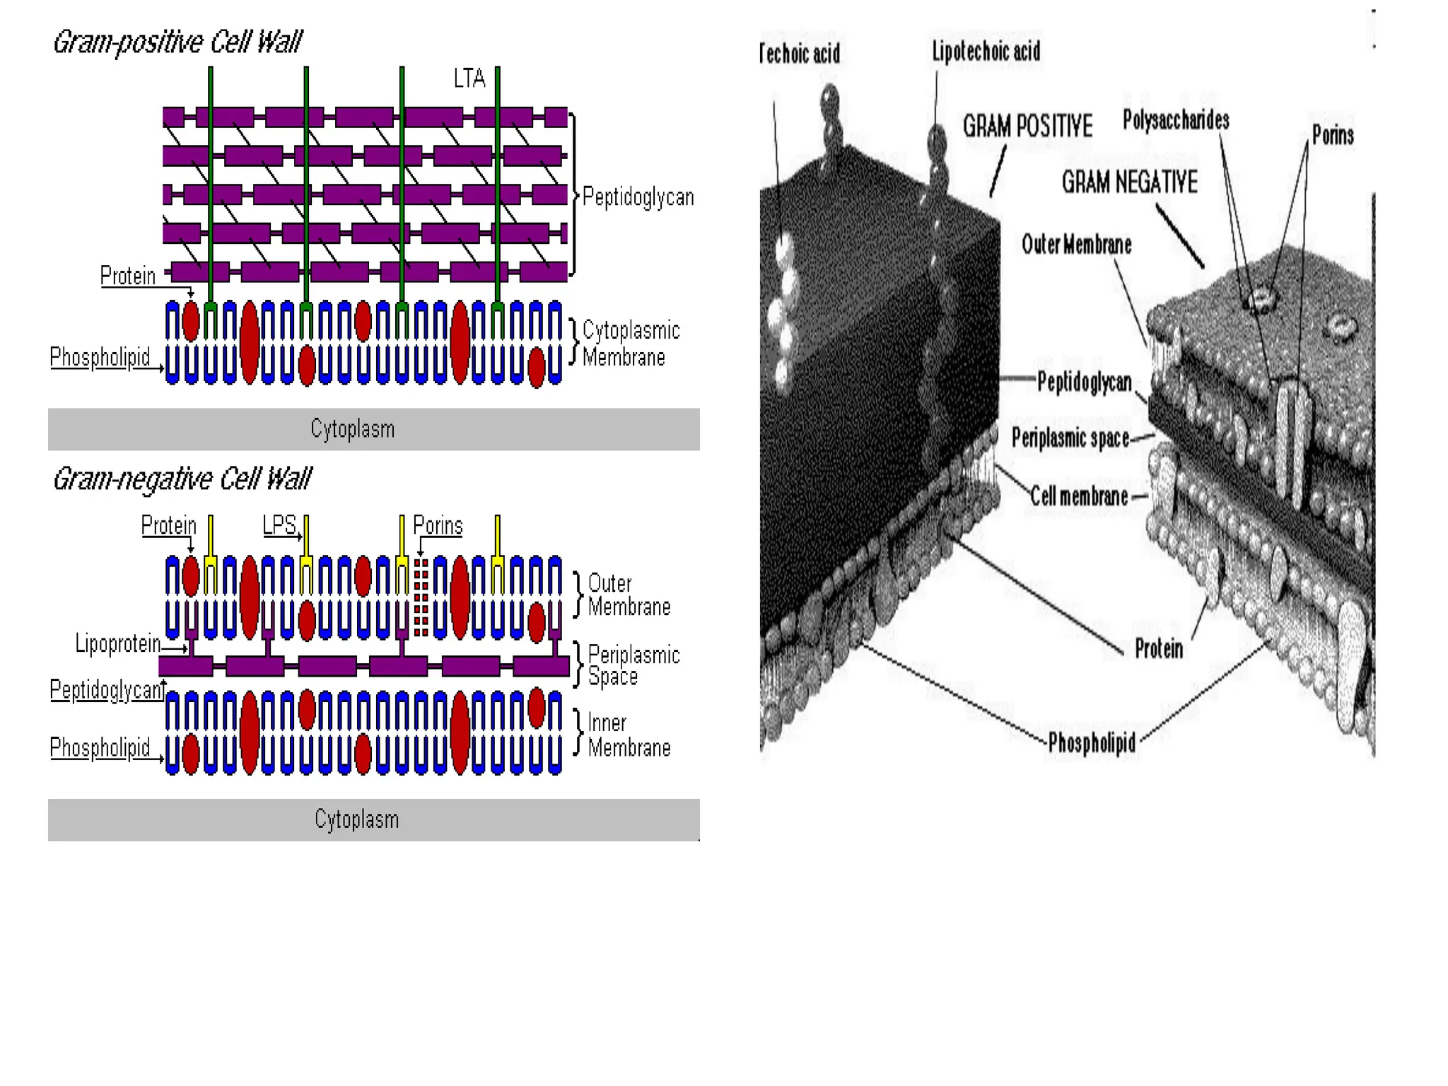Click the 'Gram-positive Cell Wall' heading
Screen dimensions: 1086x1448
click(x=177, y=42)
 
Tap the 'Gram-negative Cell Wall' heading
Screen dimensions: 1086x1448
click(x=182, y=479)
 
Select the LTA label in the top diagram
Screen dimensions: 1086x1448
click(x=469, y=78)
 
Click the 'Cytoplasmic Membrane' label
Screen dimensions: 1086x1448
click(x=630, y=344)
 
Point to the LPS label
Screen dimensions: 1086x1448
click(x=279, y=525)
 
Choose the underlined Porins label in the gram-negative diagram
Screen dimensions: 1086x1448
click(x=438, y=525)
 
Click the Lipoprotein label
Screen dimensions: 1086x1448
click(x=118, y=643)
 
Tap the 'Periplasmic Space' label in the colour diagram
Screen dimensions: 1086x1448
click(x=633, y=665)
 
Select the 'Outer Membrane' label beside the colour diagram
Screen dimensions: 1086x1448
click(x=629, y=595)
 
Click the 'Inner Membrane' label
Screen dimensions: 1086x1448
click(x=629, y=735)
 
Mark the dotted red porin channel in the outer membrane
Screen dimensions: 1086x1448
click(x=421, y=597)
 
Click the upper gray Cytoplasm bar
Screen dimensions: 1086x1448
click(x=373, y=429)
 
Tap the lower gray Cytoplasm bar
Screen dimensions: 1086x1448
click(x=373, y=819)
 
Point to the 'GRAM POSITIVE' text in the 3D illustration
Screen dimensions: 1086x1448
click(x=1027, y=127)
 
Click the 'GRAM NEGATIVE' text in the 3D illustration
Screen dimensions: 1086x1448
click(x=1129, y=182)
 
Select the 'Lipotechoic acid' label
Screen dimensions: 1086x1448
click(x=986, y=52)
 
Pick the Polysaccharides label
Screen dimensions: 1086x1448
click(x=1176, y=120)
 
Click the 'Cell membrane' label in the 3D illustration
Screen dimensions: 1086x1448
click(x=1078, y=496)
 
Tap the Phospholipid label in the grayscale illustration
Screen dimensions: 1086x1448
click(x=1092, y=743)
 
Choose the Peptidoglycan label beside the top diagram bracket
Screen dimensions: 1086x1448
click(x=638, y=197)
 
